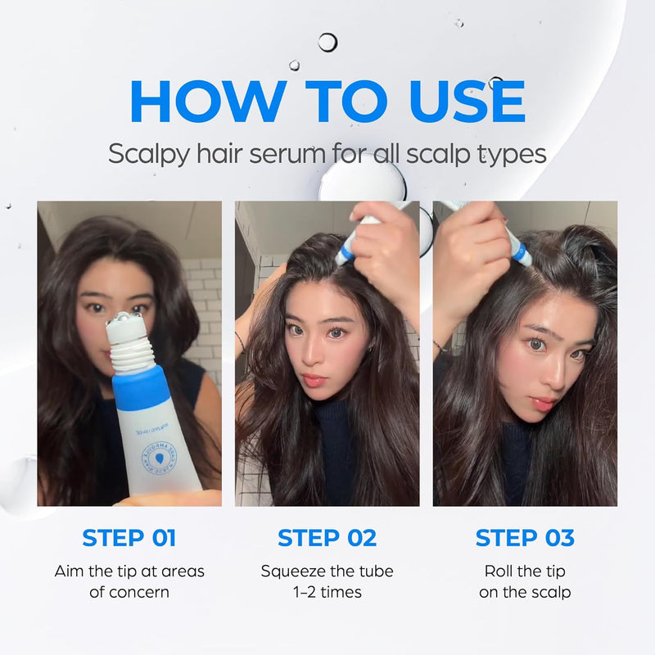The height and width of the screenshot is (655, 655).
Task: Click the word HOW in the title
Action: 205,102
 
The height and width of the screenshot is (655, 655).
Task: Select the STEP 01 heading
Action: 129,538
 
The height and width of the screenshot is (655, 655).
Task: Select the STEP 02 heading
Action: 327,538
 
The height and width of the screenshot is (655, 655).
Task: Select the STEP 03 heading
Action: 525,538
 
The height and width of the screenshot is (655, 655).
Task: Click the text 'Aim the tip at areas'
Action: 129,571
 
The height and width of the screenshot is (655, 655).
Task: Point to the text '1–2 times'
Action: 327,591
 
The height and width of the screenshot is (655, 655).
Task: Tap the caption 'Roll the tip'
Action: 525,571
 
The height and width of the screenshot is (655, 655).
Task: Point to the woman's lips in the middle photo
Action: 315,381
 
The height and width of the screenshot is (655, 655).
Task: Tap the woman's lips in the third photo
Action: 544,403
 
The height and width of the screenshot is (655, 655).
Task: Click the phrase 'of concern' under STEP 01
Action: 129,591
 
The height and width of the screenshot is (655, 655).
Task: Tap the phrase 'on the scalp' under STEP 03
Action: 525,591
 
